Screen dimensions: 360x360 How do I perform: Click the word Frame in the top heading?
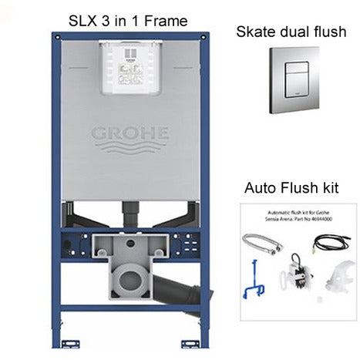point(164,21)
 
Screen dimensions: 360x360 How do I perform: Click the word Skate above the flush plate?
point(255,32)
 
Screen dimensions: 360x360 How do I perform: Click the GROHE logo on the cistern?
point(130,133)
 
